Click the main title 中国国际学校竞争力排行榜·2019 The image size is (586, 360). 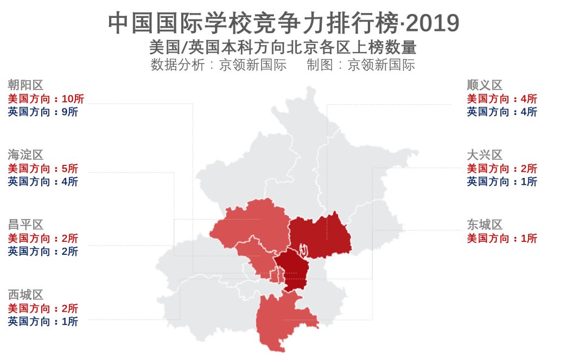coord(283,23)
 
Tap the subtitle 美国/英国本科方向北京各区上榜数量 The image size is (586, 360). coord(283,47)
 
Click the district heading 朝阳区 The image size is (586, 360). coord(26,85)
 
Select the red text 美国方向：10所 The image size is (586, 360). coord(46,99)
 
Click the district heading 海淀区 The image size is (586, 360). coord(26,155)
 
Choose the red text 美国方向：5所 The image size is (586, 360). coord(43,169)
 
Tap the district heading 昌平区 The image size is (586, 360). coord(26,225)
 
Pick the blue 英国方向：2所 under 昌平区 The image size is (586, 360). coord(43,252)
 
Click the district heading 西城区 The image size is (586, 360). coord(26,295)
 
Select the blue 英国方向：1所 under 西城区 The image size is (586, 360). coord(43,322)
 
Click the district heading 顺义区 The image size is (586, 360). coord(485,85)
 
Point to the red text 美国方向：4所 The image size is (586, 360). coord(502,99)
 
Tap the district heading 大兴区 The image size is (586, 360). coord(485,155)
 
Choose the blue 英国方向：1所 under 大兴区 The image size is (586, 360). coord(502,182)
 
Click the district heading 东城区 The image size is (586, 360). coord(485,225)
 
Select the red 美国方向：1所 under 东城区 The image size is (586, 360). coord(502,239)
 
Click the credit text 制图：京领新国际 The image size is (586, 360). coord(361,66)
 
